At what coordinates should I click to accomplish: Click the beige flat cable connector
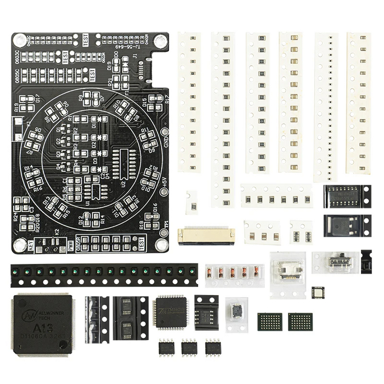tap(206, 234)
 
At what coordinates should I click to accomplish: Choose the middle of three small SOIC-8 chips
tap(189, 347)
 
